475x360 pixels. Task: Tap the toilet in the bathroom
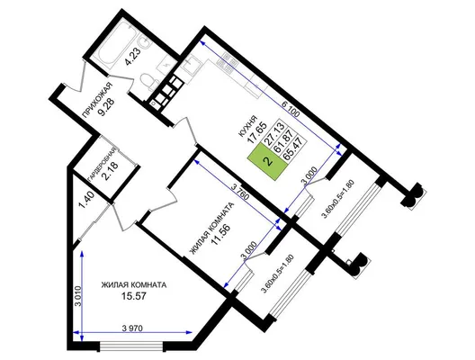(149, 82)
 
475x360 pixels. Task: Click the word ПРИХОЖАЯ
(97, 100)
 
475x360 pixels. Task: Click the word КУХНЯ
(248, 127)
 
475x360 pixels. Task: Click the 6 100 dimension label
(291, 110)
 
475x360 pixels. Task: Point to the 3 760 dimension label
(240, 192)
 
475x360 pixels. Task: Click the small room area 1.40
(86, 200)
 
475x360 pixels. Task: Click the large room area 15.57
(133, 296)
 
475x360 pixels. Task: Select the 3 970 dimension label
(132, 328)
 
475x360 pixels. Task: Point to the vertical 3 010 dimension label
(77, 296)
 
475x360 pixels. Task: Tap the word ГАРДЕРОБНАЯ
(102, 166)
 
